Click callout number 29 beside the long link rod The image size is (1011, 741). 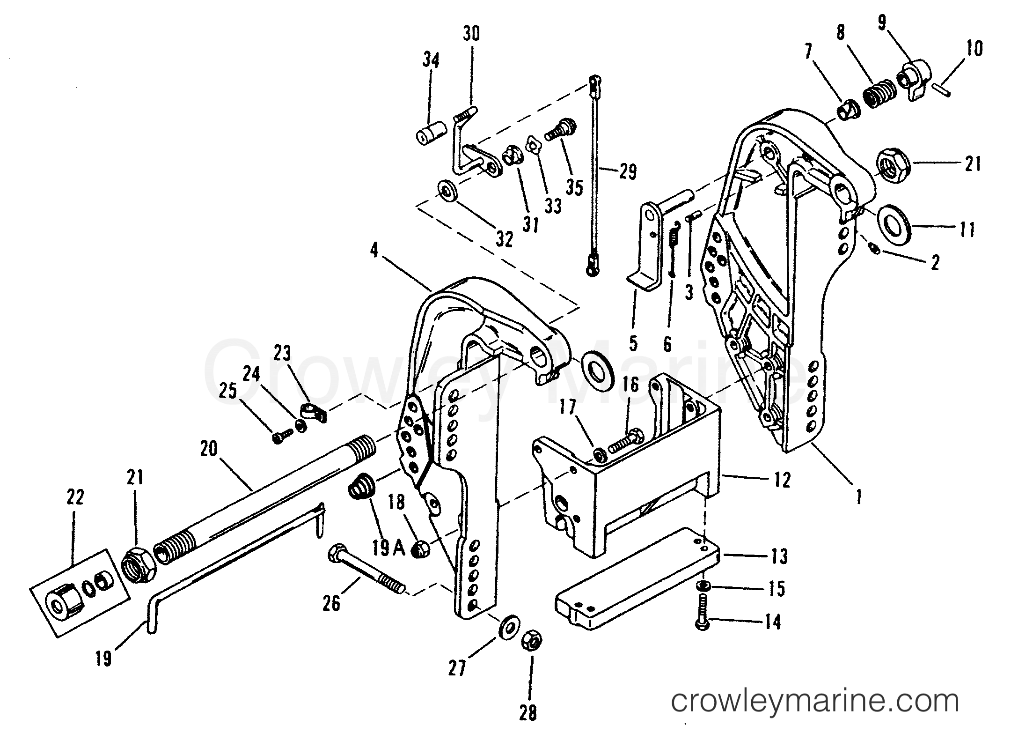(x=627, y=172)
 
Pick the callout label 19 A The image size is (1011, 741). (x=388, y=548)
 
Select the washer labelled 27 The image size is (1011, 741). (x=508, y=628)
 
